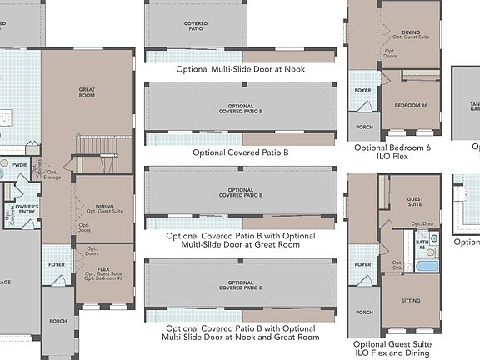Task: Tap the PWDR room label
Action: pos(19,165)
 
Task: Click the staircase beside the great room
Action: pos(93,147)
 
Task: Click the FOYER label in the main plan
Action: pos(57,265)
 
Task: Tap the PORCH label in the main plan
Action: pos(57,321)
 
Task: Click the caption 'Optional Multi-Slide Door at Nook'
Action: pos(240,69)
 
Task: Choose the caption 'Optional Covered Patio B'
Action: pos(240,152)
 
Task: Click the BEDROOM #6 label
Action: pos(412,106)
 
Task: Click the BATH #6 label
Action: pos(422,245)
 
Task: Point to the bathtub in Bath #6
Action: pos(425,266)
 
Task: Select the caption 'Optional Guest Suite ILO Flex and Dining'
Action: pos(392,348)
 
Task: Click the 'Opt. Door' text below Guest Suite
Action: pos(422,223)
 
